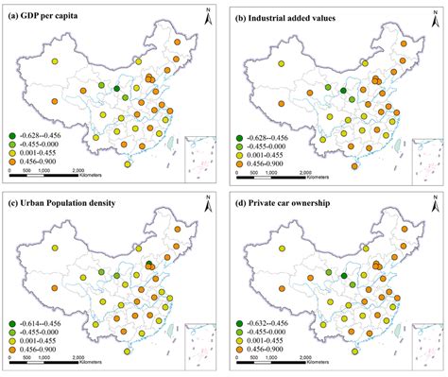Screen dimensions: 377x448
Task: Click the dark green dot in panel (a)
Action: tap(117, 88)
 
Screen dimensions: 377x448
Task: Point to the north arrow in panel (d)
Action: tap(431, 206)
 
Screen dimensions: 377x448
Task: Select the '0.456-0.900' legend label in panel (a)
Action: tap(43, 163)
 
